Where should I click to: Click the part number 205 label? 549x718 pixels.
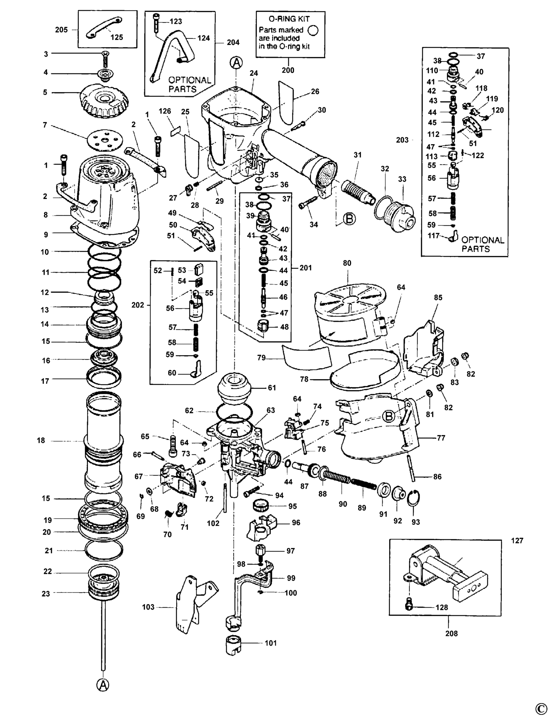pyautogui.click(x=61, y=30)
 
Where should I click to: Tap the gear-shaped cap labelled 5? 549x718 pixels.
pyautogui.click(x=104, y=100)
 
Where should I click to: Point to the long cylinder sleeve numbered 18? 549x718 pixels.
pyautogui.click(x=104, y=442)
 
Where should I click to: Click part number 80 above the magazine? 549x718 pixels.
pyautogui.click(x=347, y=263)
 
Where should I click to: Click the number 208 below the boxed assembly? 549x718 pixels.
pyautogui.click(x=452, y=633)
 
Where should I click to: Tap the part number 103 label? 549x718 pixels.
pyautogui.click(x=148, y=607)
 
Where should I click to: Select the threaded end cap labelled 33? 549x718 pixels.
pyautogui.click(x=401, y=213)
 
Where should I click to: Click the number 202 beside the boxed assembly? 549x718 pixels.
pyautogui.click(x=138, y=305)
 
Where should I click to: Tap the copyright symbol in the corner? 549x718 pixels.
pyautogui.click(x=541, y=709)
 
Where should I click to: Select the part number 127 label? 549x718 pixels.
pyautogui.click(x=517, y=540)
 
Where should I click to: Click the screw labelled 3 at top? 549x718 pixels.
pyautogui.click(x=105, y=59)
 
